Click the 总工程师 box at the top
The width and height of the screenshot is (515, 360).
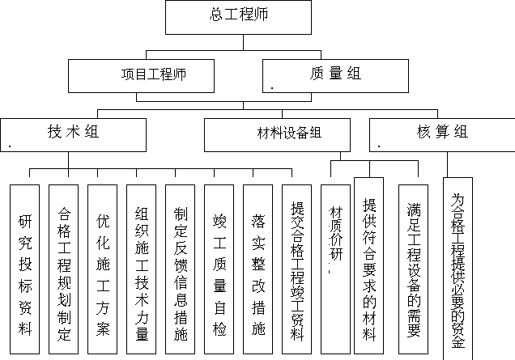(x=238, y=17)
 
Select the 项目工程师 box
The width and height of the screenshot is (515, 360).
(x=141, y=76)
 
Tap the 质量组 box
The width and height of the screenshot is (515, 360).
(x=335, y=76)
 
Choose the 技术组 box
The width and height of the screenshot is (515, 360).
(x=73, y=135)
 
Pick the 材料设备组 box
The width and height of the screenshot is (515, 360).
(x=277, y=135)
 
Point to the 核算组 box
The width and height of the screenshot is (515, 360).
(x=442, y=135)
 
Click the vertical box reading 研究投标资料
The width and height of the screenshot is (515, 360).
(x=24, y=269)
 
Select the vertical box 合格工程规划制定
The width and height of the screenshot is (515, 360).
(x=63, y=269)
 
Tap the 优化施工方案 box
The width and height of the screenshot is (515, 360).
(x=103, y=269)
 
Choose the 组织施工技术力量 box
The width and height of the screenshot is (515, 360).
(x=141, y=269)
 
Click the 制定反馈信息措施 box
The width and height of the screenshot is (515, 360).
(x=180, y=269)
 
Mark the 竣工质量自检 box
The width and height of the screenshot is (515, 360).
(x=219, y=269)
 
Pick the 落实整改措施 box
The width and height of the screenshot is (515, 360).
(x=257, y=269)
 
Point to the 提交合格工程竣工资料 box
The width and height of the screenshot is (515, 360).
(x=296, y=269)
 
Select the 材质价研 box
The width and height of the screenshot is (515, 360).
(x=335, y=269)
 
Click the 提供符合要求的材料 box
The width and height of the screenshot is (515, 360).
(x=369, y=266)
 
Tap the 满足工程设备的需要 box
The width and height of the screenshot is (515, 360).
(x=413, y=269)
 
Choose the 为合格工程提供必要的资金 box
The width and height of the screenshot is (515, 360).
(x=458, y=269)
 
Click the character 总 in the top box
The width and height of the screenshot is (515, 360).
(x=216, y=15)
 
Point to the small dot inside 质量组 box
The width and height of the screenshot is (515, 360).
(x=272, y=88)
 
